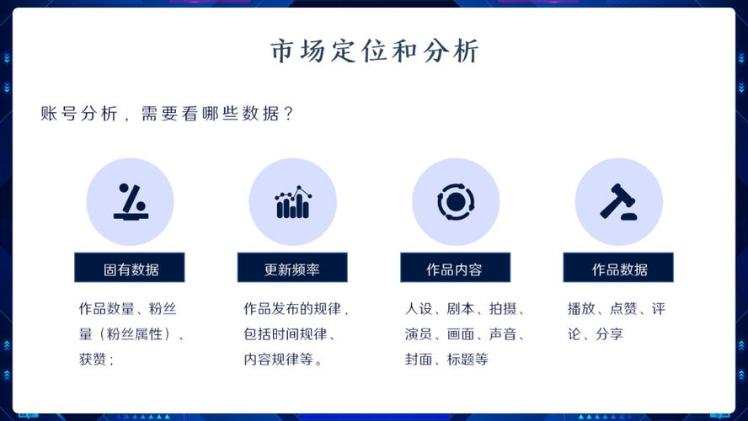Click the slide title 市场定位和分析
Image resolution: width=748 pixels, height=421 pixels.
coord(374,51)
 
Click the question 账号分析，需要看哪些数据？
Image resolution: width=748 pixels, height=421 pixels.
coord(167,114)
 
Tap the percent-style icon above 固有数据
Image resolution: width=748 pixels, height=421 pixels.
coord(130,202)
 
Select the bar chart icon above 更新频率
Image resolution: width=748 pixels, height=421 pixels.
coord(292,202)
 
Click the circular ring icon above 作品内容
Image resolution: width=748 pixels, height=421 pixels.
coord(456,202)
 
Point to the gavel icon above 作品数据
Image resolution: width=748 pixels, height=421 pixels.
coord(618,202)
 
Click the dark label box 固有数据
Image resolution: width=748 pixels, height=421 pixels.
coord(130,269)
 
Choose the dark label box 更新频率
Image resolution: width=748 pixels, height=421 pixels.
coord(292,269)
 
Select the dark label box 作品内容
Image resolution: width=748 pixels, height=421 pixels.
coord(455,269)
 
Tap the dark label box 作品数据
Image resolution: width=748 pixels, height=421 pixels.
coord(618,269)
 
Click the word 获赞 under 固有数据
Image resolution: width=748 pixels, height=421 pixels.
coord(93,360)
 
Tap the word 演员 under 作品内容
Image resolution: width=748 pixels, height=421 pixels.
coord(419,334)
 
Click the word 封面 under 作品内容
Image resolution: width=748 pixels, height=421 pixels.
coord(419,360)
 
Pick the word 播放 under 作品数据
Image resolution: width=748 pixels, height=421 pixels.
coord(582,309)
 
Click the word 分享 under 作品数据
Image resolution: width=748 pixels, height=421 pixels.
coord(609,334)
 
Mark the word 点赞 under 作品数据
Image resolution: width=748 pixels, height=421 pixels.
coord(623,309)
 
